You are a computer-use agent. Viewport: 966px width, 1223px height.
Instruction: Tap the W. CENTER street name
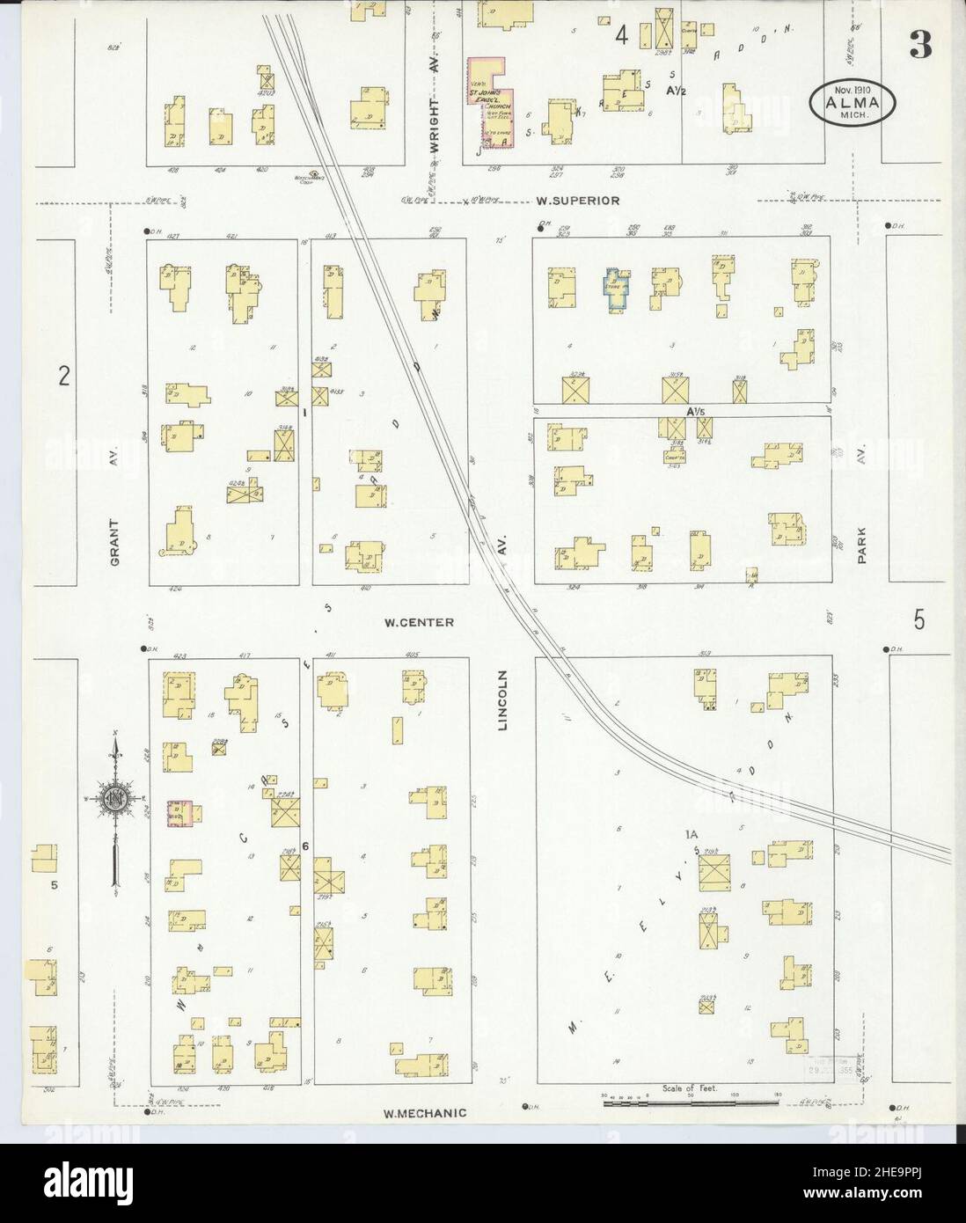pyautogui.click(x=419, y=622)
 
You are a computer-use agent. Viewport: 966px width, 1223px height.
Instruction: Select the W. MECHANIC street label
pyautogui.click(x=424, y=1113)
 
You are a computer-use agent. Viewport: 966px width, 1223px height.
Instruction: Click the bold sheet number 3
pyautogui.click(x=920, y=47)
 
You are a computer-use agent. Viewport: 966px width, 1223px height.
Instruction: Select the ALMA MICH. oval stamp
pyautogui.click(x=853, y=103)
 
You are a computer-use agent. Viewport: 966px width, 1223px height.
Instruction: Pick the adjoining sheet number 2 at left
pyautogui.click(x=63, y=376)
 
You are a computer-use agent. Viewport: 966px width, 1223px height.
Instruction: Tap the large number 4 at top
pyautogui.click(x=622, y=36)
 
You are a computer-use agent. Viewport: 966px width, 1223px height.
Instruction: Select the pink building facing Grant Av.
pyautogui.click(x=180, y=813)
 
